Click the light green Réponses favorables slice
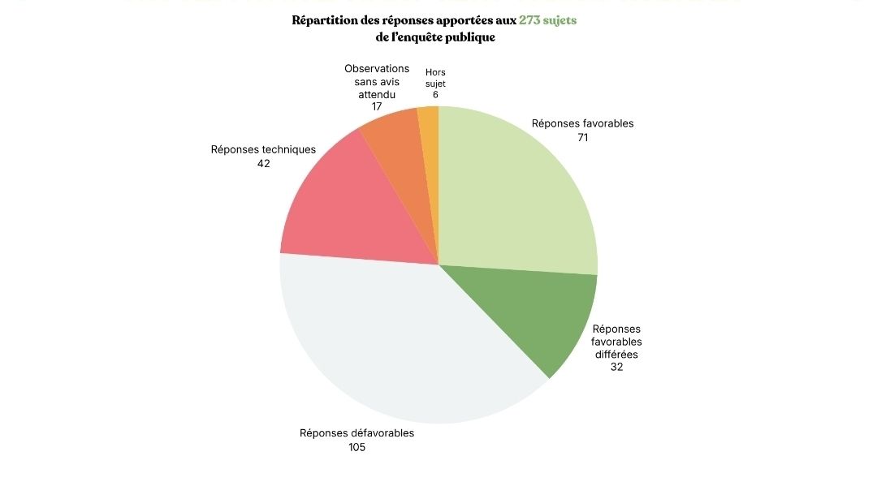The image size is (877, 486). [512, 195]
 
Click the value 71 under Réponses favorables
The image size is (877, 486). [582, 137]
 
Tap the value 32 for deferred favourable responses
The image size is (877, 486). [616, 367]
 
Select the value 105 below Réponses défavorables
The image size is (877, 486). [356, 447]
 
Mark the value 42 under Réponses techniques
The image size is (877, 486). [263, 163]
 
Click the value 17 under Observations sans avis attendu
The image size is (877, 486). [377, 106]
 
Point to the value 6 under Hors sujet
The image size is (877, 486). [435, 95]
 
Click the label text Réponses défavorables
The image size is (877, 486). [356, 433]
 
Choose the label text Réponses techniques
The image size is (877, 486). [263, 149]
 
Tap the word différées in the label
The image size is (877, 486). [616, 354]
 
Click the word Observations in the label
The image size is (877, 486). [377, 69]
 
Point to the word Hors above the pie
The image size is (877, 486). [435, 72]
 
